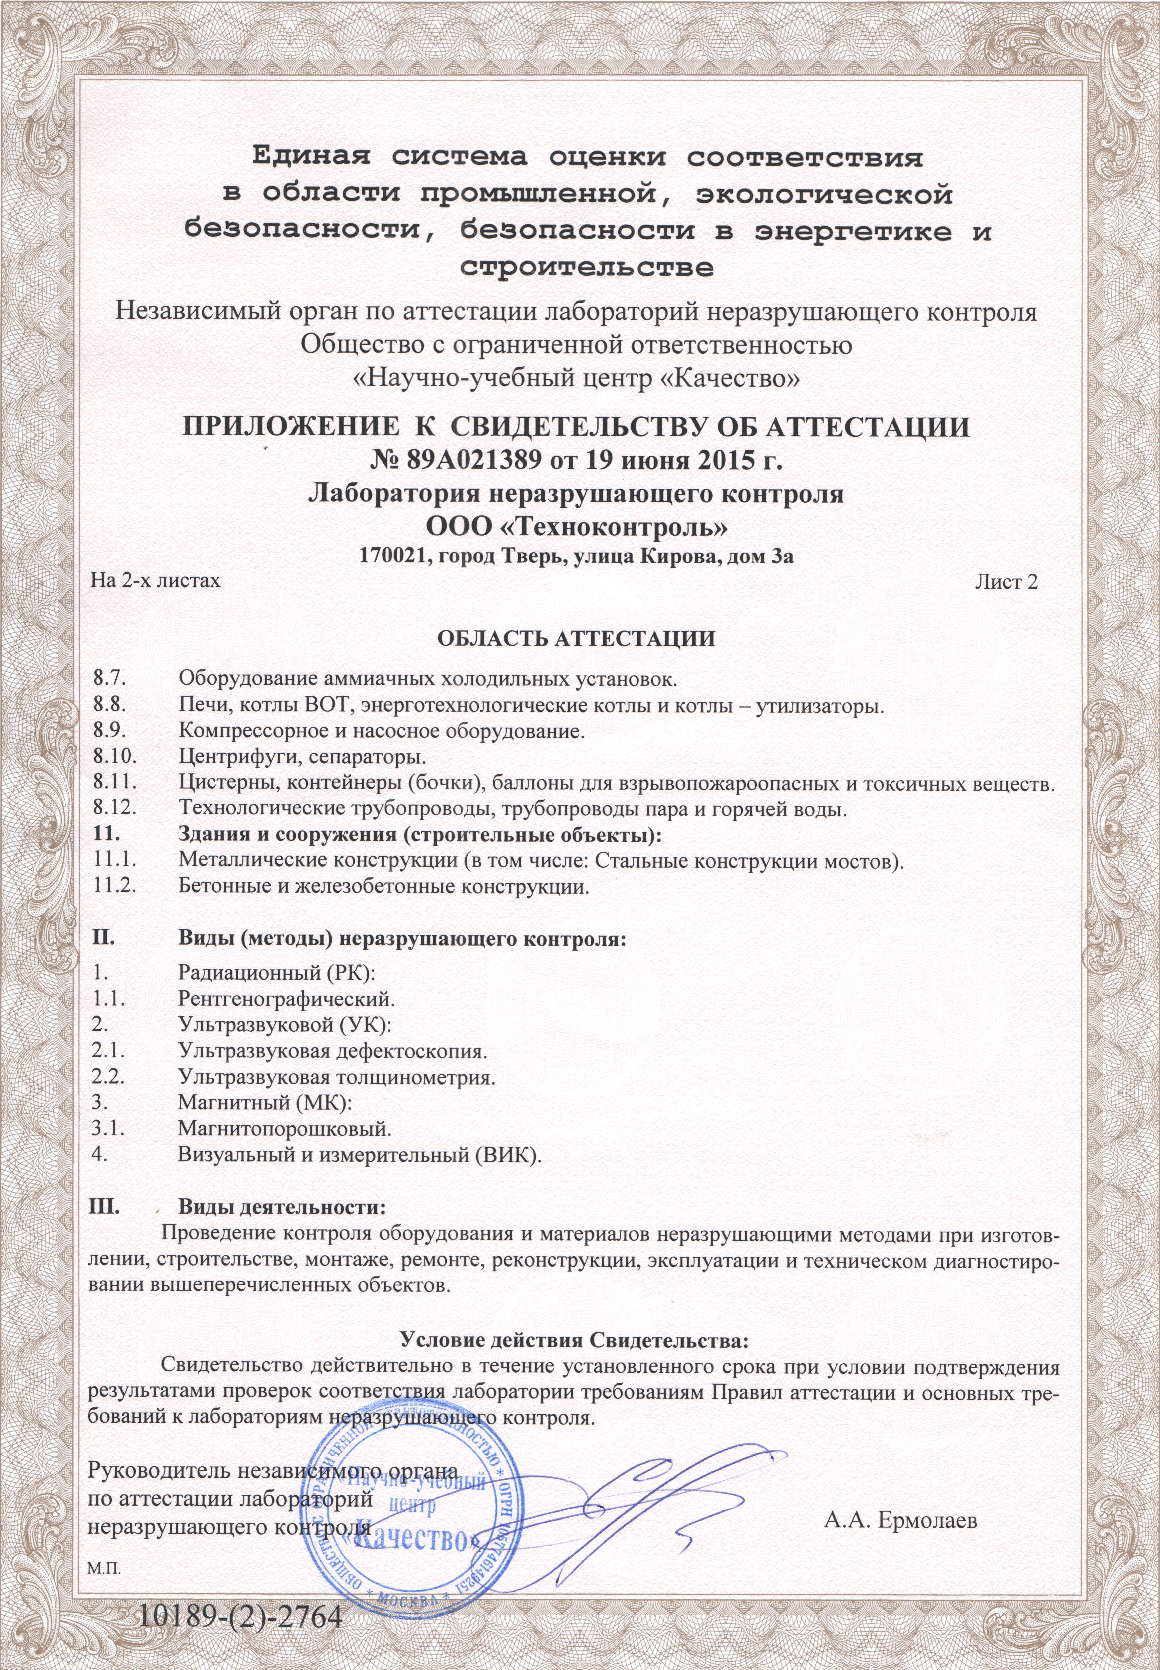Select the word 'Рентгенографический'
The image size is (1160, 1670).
(x=286, y=998)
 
